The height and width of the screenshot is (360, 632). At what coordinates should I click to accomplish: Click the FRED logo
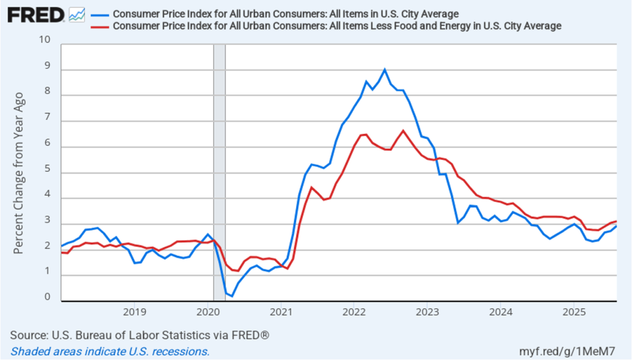pos(36,15)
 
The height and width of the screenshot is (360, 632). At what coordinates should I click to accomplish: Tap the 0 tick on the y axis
pos(48,297)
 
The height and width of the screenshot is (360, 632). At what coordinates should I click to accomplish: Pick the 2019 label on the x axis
pos(135,310)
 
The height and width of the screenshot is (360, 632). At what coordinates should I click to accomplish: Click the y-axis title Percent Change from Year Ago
pos(19,173)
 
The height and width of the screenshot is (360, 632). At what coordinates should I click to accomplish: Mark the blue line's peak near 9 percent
pos(385,69)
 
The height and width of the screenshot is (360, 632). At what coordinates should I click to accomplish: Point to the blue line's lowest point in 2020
pos(232,296)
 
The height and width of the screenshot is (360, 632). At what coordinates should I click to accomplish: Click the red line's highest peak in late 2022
pos(403,130)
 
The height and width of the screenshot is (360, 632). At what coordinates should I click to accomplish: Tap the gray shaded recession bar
pos(219,173)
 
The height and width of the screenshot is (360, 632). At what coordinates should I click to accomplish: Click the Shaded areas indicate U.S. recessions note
pos(110,351)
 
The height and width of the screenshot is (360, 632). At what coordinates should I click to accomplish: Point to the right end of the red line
pos(616,221)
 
